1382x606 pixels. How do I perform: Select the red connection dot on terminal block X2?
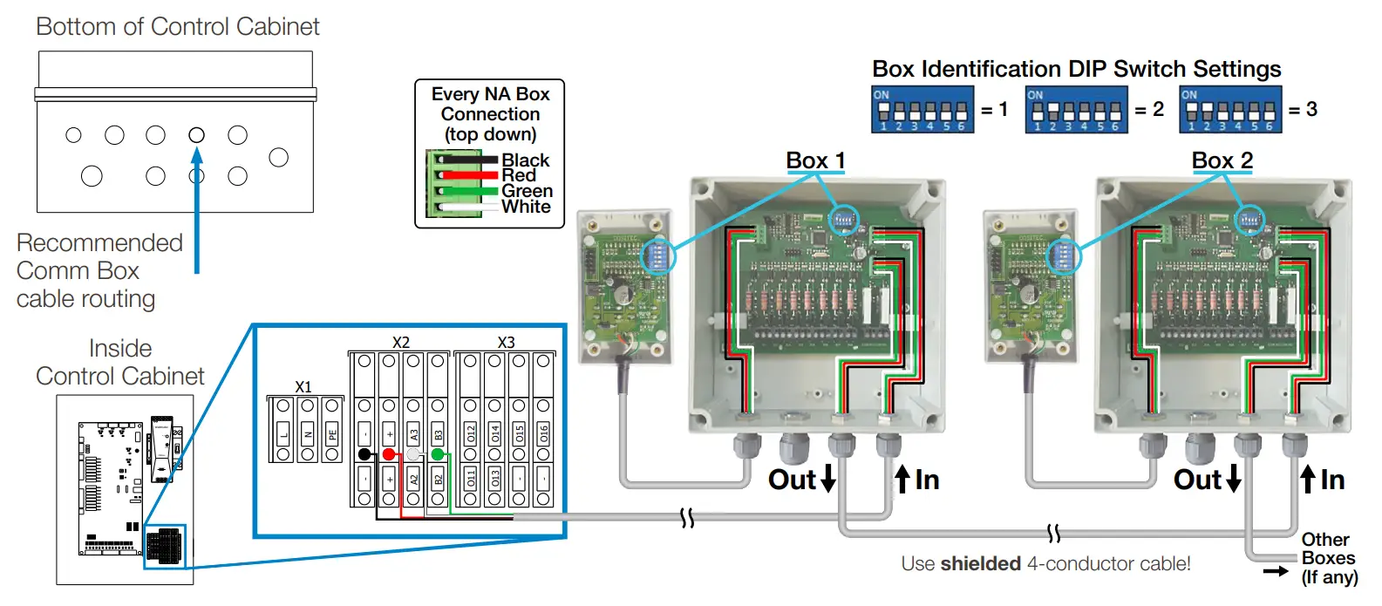pos(389,454)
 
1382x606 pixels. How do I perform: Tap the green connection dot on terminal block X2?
pos(438,454)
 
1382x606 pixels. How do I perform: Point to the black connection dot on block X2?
pos(364,454)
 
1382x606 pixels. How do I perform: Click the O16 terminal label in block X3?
pos(543,432)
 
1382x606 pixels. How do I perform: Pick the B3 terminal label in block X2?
pos(438,432)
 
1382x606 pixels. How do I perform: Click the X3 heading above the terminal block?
pos(506,343)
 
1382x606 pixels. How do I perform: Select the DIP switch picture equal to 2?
pos(1076,110)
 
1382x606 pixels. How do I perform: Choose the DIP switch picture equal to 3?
pos(1230,110)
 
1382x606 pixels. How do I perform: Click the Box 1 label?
pos(815,160)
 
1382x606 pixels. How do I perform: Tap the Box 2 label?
pos(1222,160)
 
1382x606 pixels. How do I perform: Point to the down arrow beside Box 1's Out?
pos(828,479)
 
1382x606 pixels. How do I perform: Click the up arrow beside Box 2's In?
pos(1308,479)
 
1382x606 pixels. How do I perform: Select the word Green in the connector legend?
pos(527,191)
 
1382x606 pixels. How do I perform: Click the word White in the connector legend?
pos(526,207)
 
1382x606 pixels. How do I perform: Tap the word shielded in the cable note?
pos(980,564)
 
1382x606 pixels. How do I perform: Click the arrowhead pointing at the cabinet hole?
pos(197,154)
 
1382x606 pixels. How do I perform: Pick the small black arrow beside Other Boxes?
pos(1276,572)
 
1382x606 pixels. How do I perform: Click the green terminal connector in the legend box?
pos(453,184)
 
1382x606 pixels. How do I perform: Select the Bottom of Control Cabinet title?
pos(178,27)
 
